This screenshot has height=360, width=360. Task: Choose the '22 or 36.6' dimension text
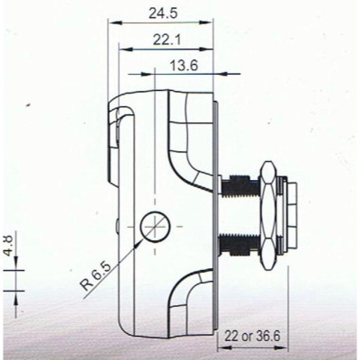coord(256,335)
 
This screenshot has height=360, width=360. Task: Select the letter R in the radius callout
coord(85,290)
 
